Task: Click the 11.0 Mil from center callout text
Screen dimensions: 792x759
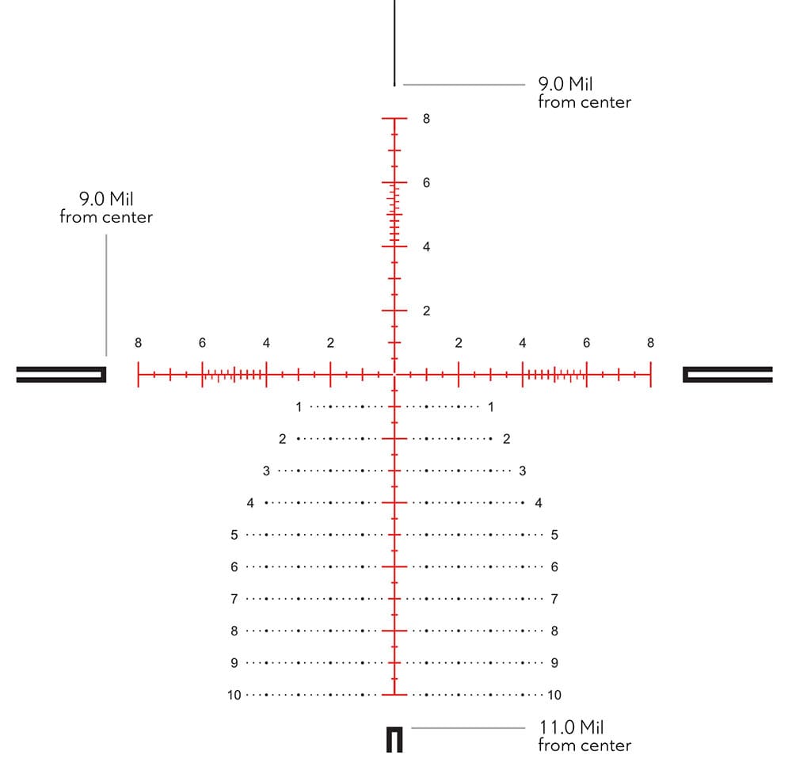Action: (585, 736)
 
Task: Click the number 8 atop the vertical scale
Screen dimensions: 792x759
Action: (426, 119)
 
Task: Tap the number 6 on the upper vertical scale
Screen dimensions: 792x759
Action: (426, 183)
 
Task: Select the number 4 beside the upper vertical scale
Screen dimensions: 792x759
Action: (426, 247)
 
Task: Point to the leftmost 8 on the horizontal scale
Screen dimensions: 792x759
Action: (138, 343)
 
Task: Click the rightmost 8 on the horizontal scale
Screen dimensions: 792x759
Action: (650, 343)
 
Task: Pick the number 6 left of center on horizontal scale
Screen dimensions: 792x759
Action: (202, 343)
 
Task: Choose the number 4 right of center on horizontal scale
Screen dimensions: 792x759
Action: (522, 343)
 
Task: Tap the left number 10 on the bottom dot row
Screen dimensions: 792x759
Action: (234, 696)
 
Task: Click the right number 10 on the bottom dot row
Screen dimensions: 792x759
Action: (554, 696)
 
